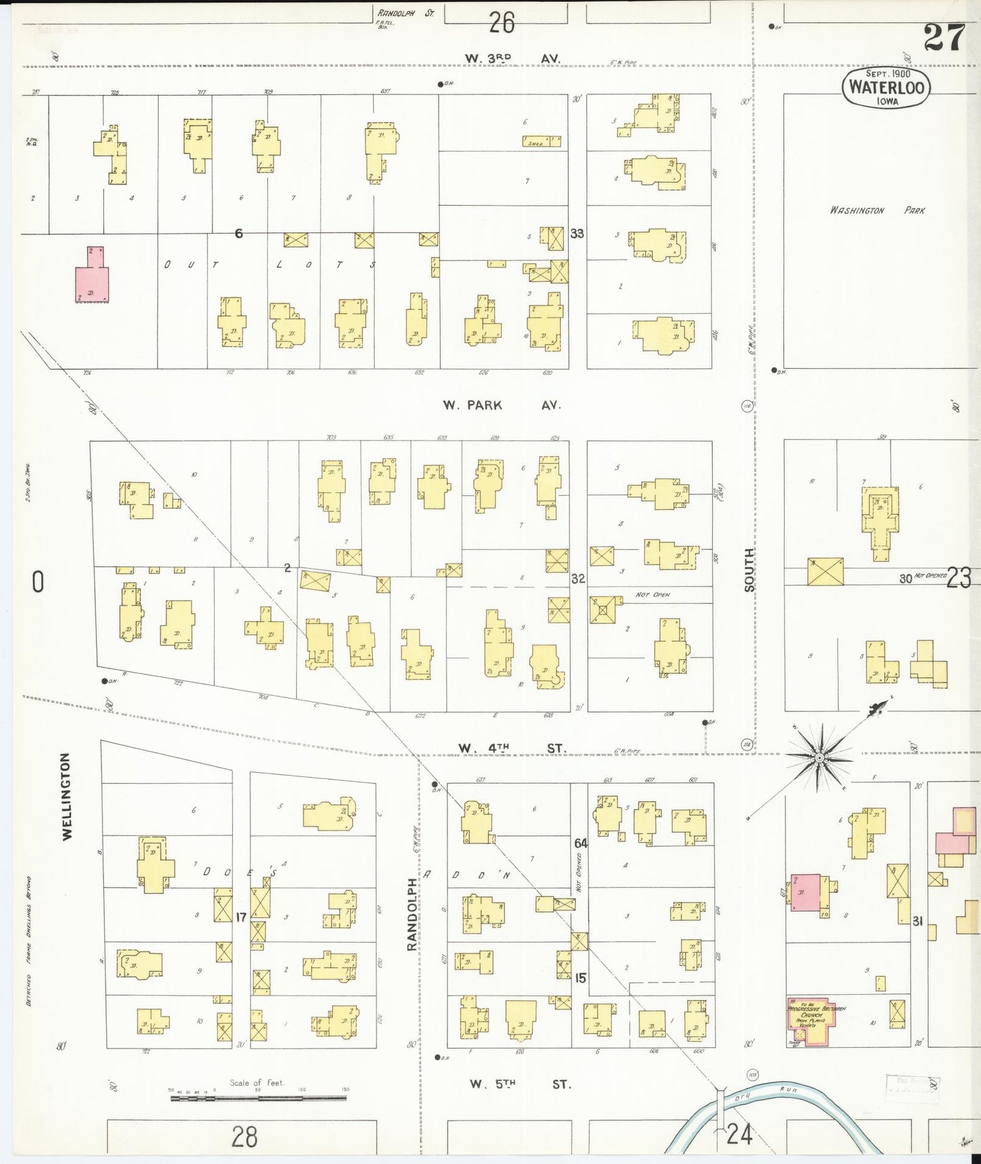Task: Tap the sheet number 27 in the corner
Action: tap(944, 37)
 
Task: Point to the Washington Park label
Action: tap(876, 211)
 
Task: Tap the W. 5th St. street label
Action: tap(520, 1085)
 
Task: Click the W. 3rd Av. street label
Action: tap(513, 59)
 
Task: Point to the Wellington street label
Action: tap(67, 796)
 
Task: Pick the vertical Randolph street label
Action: tap(411, 914)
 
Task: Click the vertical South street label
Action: tap(749, 570)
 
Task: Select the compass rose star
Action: tap(819, 757)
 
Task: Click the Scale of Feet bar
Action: tap(258, 1097)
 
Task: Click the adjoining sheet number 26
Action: tap(502, 24)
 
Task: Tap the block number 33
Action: tap(577, 234)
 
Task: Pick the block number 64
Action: tap(580, 843)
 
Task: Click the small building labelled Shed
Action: tap(541, 141)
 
